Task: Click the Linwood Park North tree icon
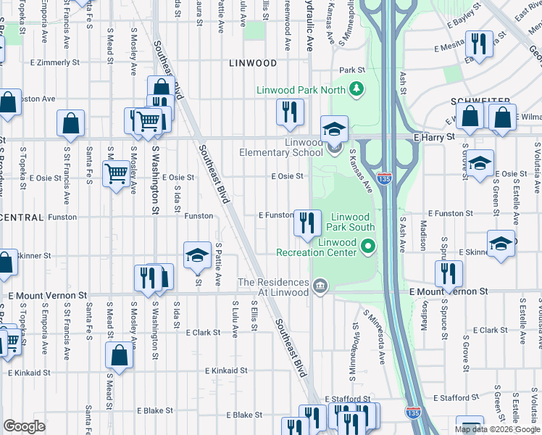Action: click(x=356, y=89)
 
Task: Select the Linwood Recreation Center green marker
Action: click(x=368, y=247)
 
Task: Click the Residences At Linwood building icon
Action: click(x=320, y=288)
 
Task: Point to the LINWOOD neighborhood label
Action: click(x=252, y=63)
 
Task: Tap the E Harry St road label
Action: click(x=434, y=136)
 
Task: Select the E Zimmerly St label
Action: click(x=54, y=62)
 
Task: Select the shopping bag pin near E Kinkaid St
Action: click(x=120, y=356)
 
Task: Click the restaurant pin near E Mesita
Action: click(x=479, y=43)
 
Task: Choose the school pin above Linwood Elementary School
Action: click(x=335, y=129)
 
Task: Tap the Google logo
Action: click(x=24, y=426)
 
